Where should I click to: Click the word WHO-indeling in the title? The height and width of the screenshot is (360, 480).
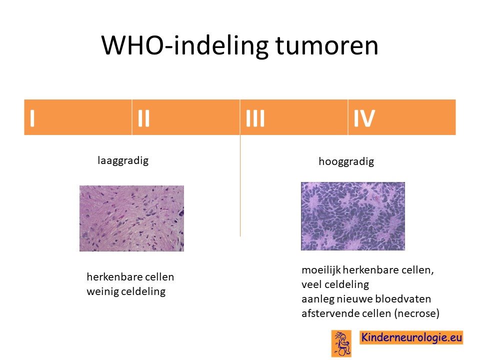click(x=184, y=45)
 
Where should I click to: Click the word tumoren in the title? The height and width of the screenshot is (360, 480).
click(x=327, y=46)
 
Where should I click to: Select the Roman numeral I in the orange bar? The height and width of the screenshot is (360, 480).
click(x=32, y=118)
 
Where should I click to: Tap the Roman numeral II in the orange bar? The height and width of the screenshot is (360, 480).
click(x=143, y=118)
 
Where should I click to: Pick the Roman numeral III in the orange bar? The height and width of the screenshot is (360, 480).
click(x=255, y=118)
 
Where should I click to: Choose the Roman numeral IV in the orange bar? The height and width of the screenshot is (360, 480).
click(x=364, y=118)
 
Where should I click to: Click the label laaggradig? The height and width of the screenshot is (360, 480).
click(x=123, y=160)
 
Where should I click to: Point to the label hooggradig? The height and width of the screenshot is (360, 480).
click(x=346, y=161)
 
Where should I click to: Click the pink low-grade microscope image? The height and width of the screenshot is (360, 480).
click(x=131, y=218)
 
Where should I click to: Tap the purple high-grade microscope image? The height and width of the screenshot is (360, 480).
click(x=353, y=216)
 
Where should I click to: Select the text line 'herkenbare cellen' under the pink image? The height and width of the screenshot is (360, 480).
click(x=130, y=276)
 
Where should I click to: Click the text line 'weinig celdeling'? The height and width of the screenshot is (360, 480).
click(x=126, y=291)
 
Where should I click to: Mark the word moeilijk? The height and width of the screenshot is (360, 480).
click(x=321, y=270)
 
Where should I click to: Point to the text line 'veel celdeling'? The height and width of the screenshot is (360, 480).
click(x=335, y=284)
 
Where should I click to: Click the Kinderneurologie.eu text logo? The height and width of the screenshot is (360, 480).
click(x=411, y=337)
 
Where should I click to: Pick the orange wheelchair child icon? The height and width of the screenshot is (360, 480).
click(x=341, y=343)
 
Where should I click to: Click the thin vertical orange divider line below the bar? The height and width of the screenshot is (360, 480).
click(x=240, y=185)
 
